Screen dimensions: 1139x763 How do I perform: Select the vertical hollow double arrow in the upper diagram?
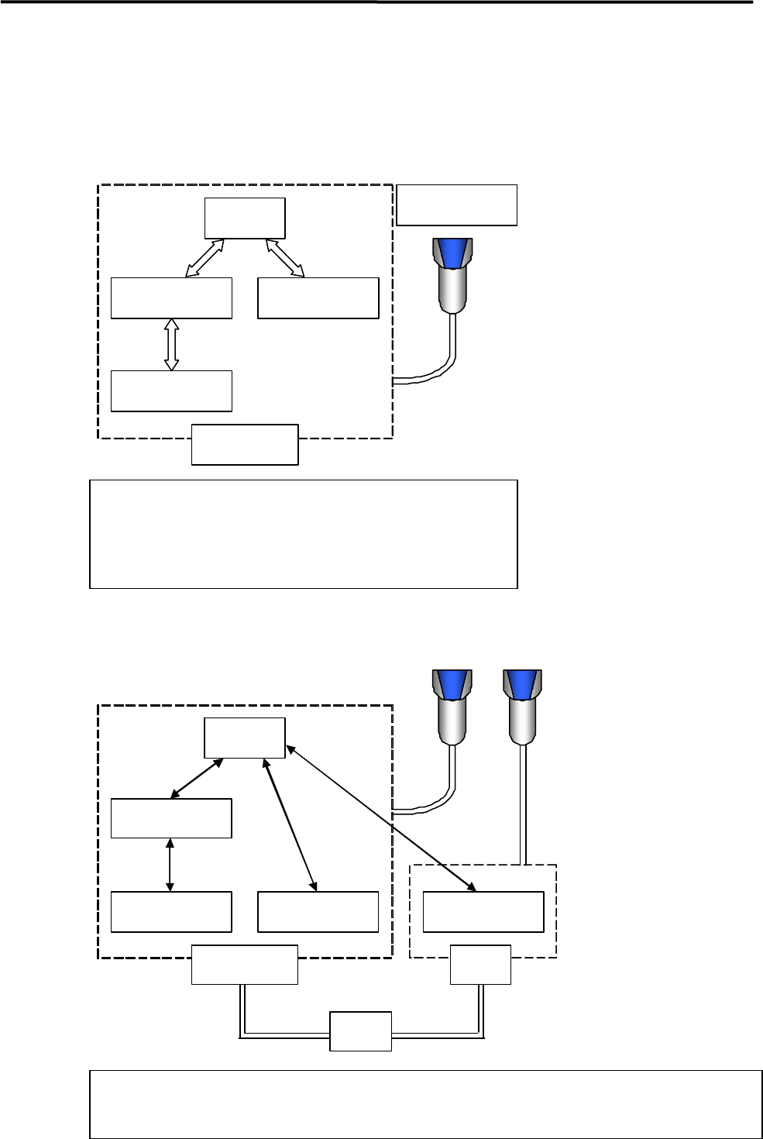click(x=172, y=344)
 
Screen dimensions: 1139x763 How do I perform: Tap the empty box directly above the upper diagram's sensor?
click(x=456, y=205)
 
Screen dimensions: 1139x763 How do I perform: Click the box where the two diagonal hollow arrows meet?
click(x=245, y=219)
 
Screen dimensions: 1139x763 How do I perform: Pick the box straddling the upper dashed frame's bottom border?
click(x=245, y=444)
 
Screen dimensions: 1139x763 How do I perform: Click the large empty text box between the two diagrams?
click(x=303, y=534)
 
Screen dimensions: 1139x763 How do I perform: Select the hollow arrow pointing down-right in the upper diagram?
click(x=284, y=257)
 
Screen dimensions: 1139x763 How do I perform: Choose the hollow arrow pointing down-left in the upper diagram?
click(x=205, y=257)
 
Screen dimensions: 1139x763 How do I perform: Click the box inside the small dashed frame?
click(x=483, y=911)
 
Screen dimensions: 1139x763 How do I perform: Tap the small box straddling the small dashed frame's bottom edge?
click(x=480, y=965)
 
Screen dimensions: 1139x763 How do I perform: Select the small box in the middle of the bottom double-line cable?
click(x=360, y=1031)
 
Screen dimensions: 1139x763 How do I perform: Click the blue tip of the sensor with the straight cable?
click(x=522, y=683)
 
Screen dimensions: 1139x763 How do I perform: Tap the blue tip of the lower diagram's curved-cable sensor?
click(x=451, y=683)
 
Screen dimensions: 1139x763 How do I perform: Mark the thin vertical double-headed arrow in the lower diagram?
click(x=170, y=865)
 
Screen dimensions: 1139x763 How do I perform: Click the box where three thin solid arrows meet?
click(x=245, y=738)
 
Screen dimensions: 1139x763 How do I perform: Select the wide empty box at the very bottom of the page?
click(x=426, y=1104)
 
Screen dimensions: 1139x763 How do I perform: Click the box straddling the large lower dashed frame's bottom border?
click(x=245, y=965)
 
